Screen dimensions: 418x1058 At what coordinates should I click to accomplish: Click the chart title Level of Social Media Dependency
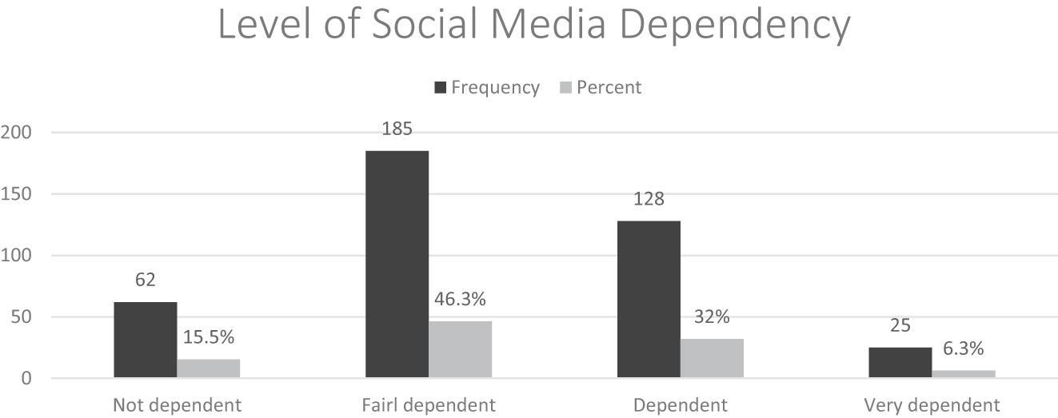[533, 26]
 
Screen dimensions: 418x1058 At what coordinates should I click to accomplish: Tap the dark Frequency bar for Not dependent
[145, 340]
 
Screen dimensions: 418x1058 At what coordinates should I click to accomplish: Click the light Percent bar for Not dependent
[208, 368]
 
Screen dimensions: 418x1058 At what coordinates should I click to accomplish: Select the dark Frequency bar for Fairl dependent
[397, 265]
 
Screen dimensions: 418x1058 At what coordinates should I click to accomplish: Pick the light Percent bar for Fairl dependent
[460, 349]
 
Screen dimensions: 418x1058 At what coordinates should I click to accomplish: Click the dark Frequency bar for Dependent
[649, 300]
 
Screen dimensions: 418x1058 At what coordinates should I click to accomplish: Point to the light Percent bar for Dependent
[712, 358]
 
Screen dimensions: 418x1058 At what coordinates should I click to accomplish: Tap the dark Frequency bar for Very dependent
[900, 363]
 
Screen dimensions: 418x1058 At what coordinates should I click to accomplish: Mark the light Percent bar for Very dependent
[964, 374]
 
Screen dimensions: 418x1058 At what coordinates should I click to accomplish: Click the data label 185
[397, 129]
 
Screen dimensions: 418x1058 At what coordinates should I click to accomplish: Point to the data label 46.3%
[460, 301]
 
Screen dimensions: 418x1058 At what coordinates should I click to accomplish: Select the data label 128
[649, 199]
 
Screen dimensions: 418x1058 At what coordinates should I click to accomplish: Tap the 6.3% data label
[964, 349]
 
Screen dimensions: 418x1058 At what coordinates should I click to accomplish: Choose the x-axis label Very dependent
[932, 404]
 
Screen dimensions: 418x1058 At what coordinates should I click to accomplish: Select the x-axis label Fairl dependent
[429, 404]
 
